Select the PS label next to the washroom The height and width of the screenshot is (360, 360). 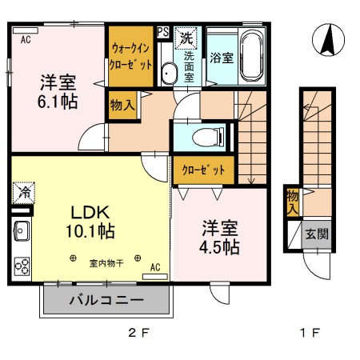pos(162,32)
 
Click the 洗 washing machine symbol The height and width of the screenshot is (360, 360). pos(186,36)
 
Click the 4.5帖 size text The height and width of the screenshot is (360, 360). pos(219,246)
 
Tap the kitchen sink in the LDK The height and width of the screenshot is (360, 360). pos(21,233)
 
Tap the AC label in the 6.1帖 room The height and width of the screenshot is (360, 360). pos(26,38)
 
